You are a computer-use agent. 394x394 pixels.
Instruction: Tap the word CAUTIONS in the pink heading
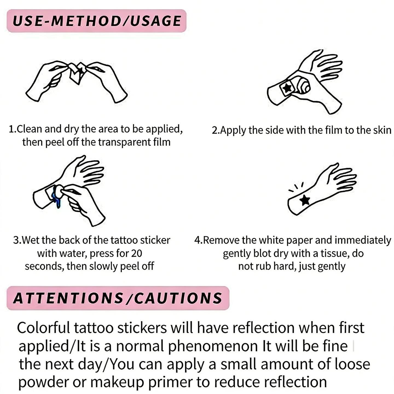click(x=178, y=298)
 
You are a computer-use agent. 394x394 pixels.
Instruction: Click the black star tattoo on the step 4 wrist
click(x=305, y=200)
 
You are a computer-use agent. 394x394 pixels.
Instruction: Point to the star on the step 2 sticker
click(x=288, y=88)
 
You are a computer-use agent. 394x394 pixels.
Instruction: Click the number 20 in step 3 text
click(x=136, y=254)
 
